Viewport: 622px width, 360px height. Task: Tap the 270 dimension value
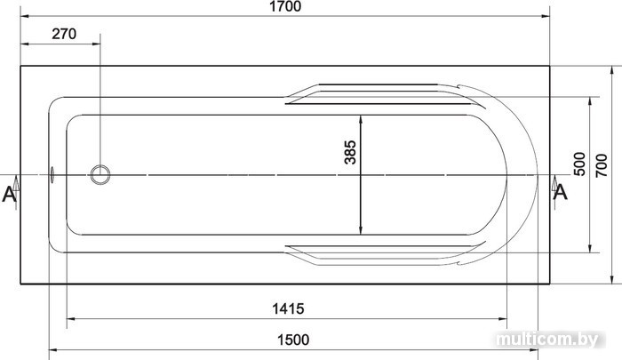coord(64,34)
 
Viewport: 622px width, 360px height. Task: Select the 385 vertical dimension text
coord(350,152)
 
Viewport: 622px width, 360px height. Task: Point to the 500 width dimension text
coord(579,164)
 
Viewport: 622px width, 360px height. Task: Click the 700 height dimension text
coord(602,165)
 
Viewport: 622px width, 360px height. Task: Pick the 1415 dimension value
coord(288,308)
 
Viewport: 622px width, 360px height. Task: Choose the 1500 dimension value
coord(292,340)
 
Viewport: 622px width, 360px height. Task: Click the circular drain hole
coord(100,174)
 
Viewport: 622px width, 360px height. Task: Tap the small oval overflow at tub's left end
coord(52,174)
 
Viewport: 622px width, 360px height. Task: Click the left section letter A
coord(9,194)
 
